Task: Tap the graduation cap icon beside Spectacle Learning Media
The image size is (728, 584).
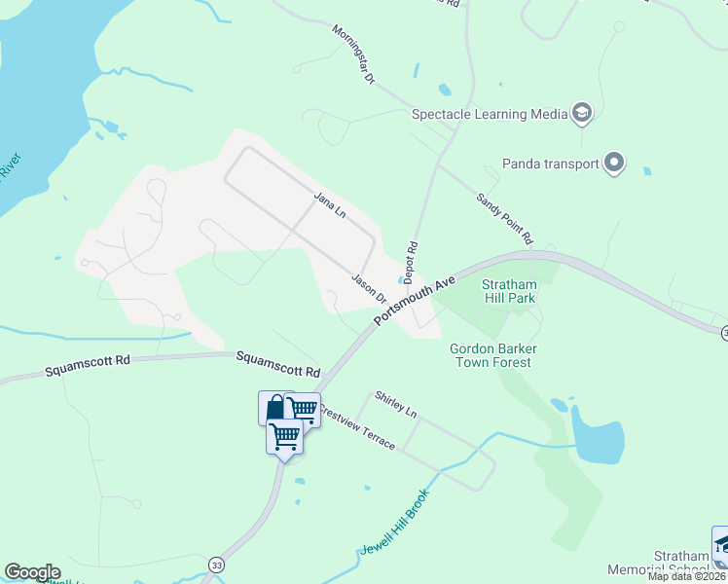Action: [x=582, y=114]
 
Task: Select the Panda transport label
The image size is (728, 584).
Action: [x=551, y=164]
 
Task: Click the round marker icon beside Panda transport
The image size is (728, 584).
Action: [x=614, y=164]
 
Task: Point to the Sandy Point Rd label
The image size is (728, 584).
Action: [x=505, y=217]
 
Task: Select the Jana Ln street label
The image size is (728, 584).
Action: [x=330, y=204]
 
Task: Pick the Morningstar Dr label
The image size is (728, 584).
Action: [x=352, y=55]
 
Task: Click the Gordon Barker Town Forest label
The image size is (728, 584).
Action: [x=492, y=355]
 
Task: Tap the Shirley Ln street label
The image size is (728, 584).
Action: [x=395, y=406]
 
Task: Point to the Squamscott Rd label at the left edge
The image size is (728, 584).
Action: [x=88, y=365]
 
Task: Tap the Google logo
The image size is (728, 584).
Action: [x=32, y=572]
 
